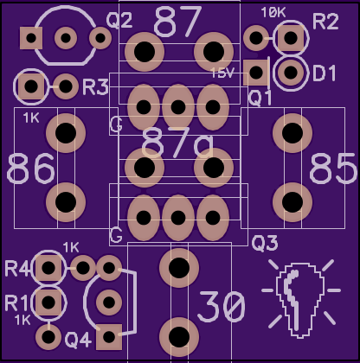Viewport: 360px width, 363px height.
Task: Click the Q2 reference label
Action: pos(119,21)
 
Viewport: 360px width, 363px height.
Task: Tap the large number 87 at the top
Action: pos(178,22)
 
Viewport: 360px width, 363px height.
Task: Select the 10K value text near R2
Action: pos(273,12)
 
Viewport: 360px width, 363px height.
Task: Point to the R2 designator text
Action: pos(325,22)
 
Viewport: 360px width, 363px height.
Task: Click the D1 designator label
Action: pos(325,73)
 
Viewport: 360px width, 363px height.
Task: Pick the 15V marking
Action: pos(222,73)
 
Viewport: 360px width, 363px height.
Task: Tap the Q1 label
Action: pos(260,98)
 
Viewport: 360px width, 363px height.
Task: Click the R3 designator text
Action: pos(95,86)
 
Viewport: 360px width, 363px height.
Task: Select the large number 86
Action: pos(30,169)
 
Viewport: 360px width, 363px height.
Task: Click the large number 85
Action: pos(333,169)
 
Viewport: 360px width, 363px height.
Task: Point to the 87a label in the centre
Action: pos(177,143)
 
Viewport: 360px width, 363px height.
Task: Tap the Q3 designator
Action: pos(265,243)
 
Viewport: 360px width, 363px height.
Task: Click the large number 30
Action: pos(222,306)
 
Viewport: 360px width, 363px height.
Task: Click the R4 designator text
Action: pos(17,268)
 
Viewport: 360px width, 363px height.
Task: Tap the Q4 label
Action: pos(78,340)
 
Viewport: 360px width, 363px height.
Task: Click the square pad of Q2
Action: pos(31,38)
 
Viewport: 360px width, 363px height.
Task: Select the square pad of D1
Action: pos(256,73)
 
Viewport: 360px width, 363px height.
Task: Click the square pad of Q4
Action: pos(109,337)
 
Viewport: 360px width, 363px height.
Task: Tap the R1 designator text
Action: pos(16,303)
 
